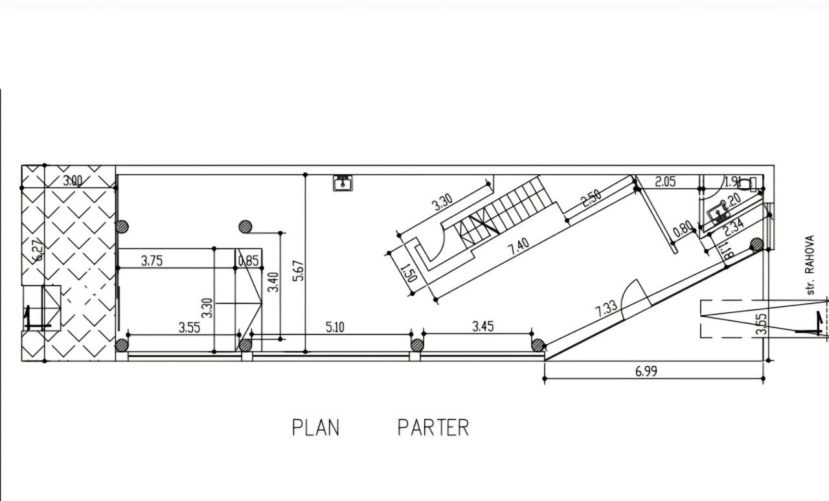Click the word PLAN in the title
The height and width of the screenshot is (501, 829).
pyautogui.click(x=315, y=428)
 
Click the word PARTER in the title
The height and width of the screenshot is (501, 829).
pyautogui.click(x=433, y=428)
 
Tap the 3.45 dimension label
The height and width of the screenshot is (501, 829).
pyautogui.click(x=483, y=326)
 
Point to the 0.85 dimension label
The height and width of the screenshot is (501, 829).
pyautogui.click(x=249, y=261)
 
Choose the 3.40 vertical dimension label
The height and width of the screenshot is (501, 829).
pyautogui.click(x=273, y=282)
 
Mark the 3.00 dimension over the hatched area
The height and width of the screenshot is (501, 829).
pyautogui.click(x=73, y=181)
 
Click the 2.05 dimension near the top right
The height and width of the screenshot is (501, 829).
pyautogui.click(x=665, y=182)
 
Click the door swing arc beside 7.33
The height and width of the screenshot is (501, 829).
pyautogui.click(x=635, y=295)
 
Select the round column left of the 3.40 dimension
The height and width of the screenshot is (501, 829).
pyautogui.click(x=245, y=227)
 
